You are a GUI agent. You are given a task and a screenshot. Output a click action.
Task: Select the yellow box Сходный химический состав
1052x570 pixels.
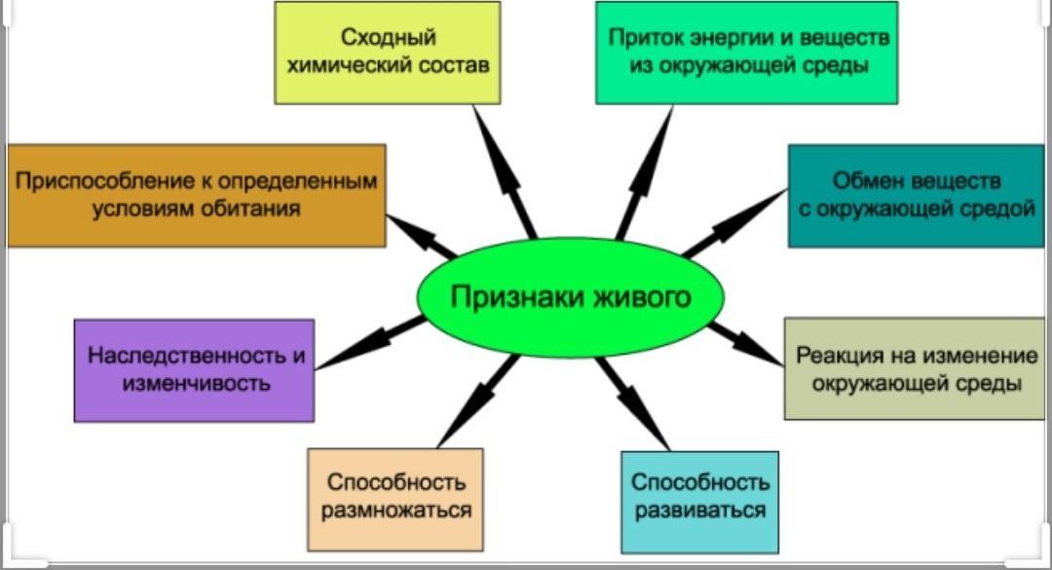[388, 53]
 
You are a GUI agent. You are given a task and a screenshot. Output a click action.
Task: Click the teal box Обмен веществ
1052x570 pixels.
[917, 195]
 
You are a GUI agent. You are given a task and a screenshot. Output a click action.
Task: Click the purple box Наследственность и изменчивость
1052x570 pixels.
[195, 369]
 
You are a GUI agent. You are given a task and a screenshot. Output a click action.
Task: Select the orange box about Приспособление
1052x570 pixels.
[196, 195]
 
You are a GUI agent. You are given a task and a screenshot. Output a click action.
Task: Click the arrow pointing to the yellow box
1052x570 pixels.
[505, 171]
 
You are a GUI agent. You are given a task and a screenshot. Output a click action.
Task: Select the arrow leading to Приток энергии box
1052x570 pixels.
[645, 171]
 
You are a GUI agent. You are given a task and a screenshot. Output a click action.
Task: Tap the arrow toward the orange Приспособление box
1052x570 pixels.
[421, 235]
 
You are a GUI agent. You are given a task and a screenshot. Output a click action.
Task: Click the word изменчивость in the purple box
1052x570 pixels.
[195, 383]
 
